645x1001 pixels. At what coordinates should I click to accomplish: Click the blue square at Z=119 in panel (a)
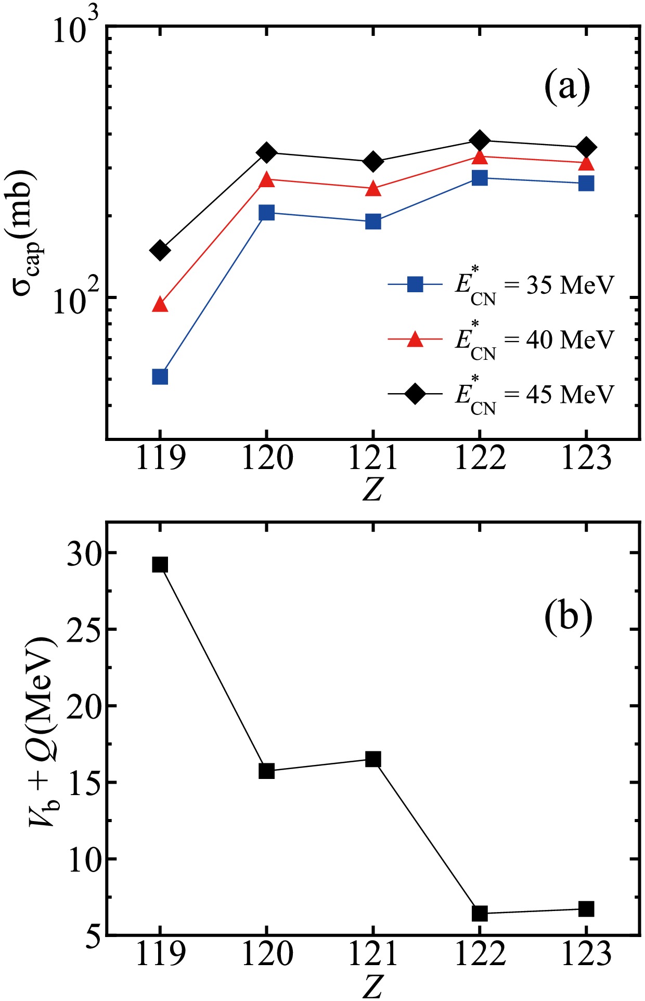click(x=160, y=376)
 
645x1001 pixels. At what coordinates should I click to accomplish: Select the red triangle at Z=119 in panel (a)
click(x=160, y=305)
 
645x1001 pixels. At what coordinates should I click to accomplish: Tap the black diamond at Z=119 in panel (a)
click(x=160, y=250)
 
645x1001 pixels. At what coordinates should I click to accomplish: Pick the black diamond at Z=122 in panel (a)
click(x=480, y=140)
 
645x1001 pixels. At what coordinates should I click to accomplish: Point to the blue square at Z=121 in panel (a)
click(x=373, y=222)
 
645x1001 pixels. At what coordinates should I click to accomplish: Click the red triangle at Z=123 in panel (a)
click(x=586, y=163)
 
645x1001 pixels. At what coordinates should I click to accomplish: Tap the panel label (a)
click(x=567, y=86)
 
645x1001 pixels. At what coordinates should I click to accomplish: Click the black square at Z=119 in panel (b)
click(x=160, y=565)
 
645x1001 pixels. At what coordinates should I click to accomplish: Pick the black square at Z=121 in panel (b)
click(x=373, y=760)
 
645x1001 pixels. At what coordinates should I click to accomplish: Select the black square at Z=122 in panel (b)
click(x=480, y=913)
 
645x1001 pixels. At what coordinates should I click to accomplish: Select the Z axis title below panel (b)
click(x=372, y=986)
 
